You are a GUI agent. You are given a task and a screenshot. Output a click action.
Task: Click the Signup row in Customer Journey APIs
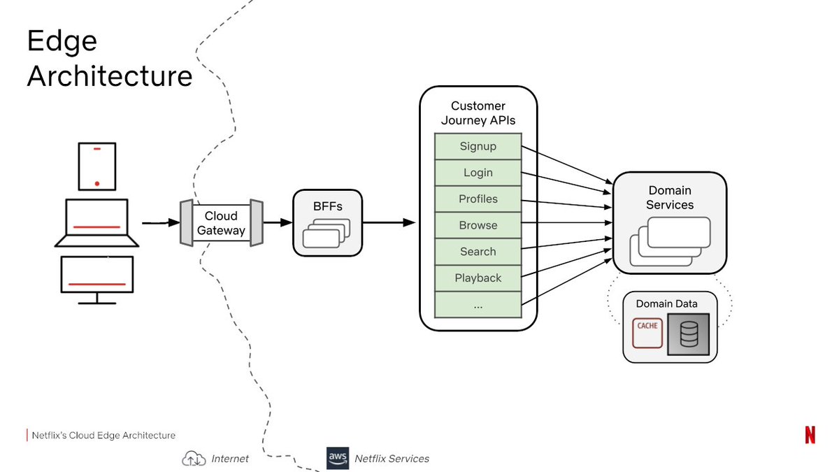(x=478, y=147)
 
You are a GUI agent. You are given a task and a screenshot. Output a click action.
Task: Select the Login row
(x=478, y=173)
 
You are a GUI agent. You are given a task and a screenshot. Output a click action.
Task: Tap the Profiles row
(x=478, y=199)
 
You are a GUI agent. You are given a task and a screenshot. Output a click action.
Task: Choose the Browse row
(x=478, y=225)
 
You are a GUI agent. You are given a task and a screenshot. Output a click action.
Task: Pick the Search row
(x=478, y=252)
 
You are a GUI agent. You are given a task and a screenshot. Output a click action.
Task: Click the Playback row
(x=478, y=278)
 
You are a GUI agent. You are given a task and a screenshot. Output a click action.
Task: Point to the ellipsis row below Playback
(x=478, y=304)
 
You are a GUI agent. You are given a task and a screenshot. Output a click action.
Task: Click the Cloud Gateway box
(x=221, y=223)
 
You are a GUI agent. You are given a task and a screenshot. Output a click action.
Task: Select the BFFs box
(x=328, y=222)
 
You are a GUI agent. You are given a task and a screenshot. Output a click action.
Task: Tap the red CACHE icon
(x=647, y=334)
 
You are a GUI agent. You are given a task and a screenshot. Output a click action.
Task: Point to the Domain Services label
(x=669, y=198)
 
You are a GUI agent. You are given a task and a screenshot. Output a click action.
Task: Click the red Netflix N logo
(x=810, y=434)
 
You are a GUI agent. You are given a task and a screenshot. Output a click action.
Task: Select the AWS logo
(x=338, y=458)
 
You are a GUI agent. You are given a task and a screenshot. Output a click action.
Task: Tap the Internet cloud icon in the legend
(x=194, y=459)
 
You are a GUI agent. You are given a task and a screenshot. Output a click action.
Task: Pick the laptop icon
(x=97, y=223)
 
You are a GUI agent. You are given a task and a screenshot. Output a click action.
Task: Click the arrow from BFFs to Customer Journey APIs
(x=389, y=223)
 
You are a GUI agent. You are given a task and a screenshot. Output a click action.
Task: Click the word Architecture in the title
(x=110, y=76)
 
